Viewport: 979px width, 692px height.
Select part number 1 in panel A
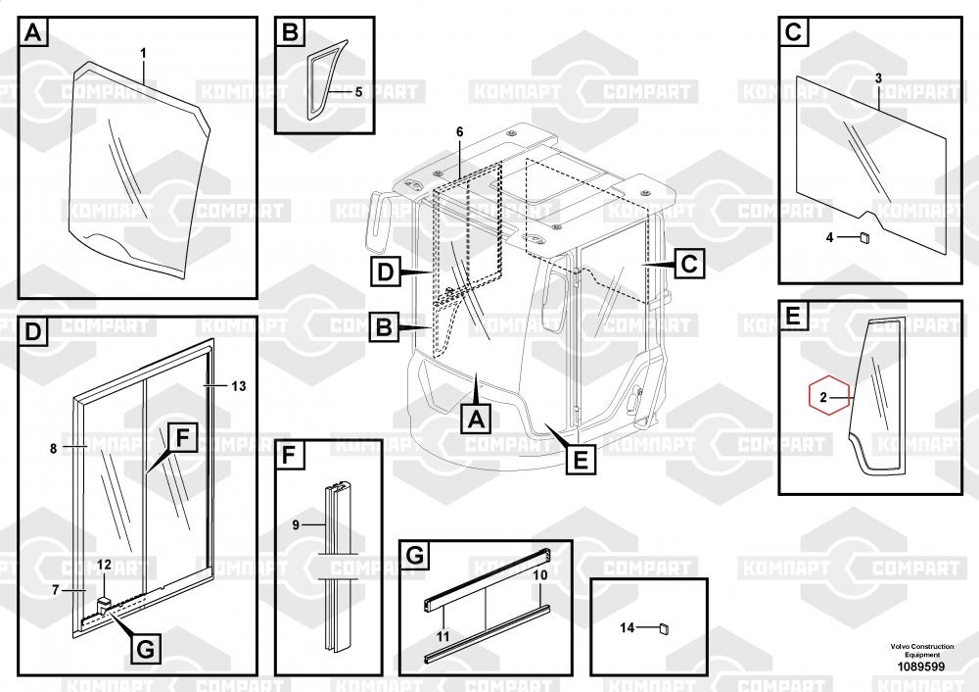click(x=143, y=50)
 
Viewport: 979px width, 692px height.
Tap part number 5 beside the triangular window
click(x=358, y=92)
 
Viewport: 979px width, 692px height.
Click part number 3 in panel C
click(x=878, y=77)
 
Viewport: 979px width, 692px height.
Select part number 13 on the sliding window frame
click(x=239, y=386)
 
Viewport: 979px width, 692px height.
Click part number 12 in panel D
click(x=104, y=564)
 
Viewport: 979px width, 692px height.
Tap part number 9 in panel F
click(x=295, y=525)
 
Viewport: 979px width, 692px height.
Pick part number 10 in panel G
click(x=539, y=575)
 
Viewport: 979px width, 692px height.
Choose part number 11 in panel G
click(x=443, y=636)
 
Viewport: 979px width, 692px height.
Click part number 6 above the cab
click(x=459, y=131)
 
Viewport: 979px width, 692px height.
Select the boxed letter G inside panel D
click(x=144, y=648)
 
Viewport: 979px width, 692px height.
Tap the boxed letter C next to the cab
click(x=688, y=263)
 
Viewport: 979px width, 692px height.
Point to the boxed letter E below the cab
click(x=581, y=459)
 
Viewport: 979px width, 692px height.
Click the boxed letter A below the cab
click(x=476, y=419)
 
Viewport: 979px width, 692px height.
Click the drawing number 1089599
click(x=921, y=667)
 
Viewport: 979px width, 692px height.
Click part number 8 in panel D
click(x=53, y=448)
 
